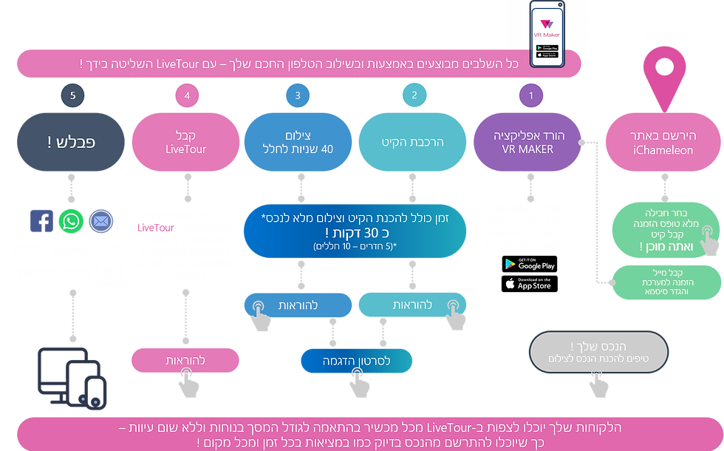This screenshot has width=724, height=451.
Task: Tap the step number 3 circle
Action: pos(298,95)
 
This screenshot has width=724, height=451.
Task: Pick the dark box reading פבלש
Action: pos(72,143)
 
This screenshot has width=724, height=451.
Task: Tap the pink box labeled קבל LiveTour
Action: pos(185,143)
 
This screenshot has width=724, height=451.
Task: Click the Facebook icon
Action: pos(42,220)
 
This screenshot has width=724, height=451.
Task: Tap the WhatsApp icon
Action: pos(72,220)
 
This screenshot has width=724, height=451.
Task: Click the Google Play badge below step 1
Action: pos(529,264)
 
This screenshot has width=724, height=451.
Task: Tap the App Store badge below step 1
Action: pos(529,284)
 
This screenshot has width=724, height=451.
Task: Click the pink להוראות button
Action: pos(185,361)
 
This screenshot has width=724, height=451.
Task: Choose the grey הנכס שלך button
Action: pos(586,349)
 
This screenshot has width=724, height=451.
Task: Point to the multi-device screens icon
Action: pos(72,377)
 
